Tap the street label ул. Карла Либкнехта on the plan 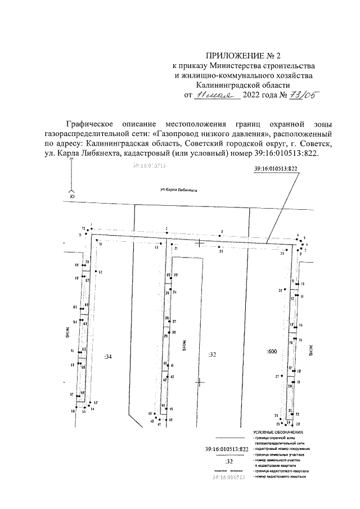coord(179,192)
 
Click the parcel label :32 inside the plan coord(212,354)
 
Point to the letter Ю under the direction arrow coord(71,195)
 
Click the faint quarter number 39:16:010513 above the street coord(151,166)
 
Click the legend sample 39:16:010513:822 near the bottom coord(228,449)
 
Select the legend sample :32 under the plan coord(228,461)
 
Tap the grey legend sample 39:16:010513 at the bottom coord(228,477)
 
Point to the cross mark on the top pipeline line coord(200,244)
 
